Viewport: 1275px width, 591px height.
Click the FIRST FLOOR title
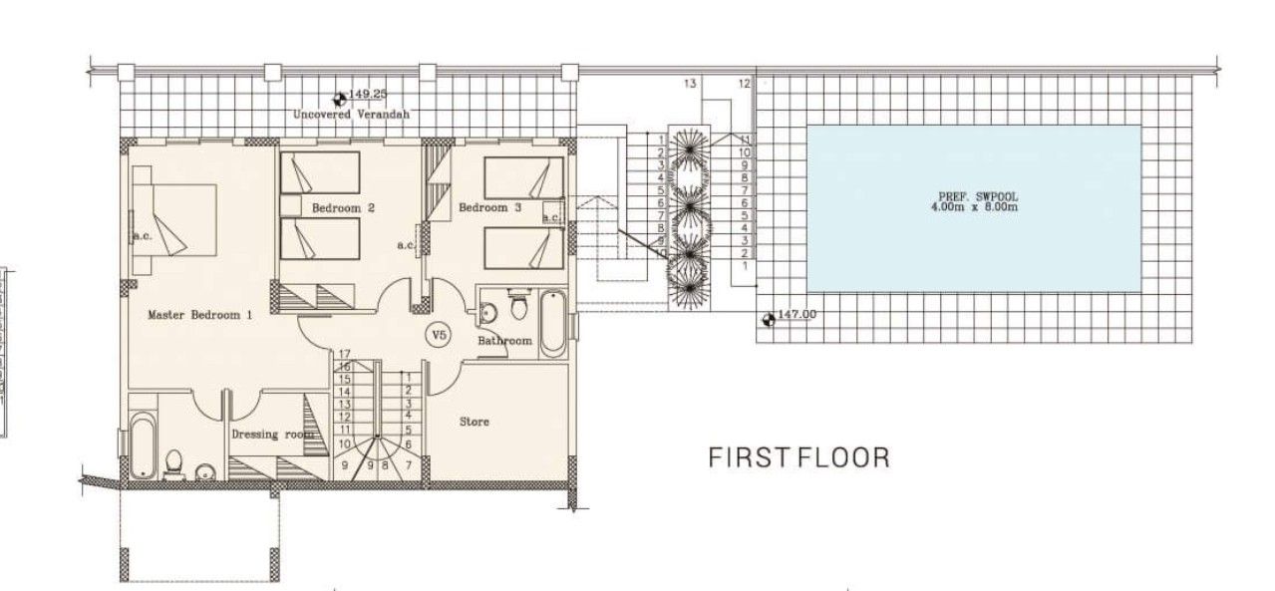(x=798, y=457)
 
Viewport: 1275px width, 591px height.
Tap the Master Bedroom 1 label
(x=199, y=315)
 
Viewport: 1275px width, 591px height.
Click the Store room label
(x=474, y=422)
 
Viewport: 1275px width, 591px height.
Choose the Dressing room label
(x=271, y=435)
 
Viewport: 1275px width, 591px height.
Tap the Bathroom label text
(x=504, y=341)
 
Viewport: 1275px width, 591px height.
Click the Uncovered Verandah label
(x=350, y=115)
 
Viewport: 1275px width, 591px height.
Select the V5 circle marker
(x=437, y=335)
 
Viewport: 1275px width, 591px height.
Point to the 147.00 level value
(x=797, y=315)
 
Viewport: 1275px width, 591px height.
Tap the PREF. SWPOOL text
(x=972, y=197)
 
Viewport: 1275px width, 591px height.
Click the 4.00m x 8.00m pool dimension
(x=972, y=209)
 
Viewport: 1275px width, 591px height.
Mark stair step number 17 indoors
(x=345, y=354)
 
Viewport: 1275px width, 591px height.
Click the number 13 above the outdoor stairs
(x=690, y=84)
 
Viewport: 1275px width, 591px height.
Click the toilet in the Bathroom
(x=517, y=306)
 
